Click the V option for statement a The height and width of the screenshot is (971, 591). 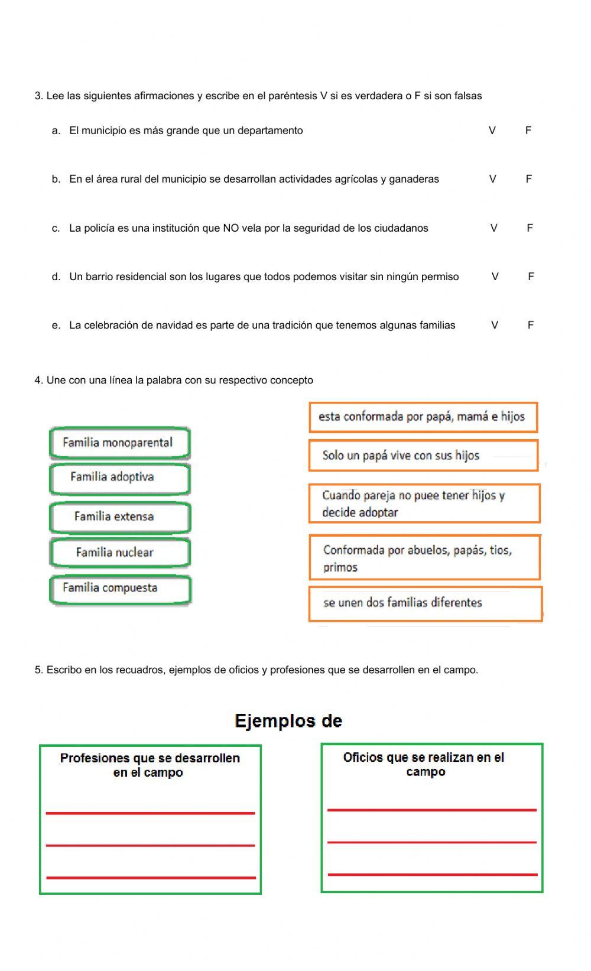(x=492, y=131)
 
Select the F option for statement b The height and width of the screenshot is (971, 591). (x=529, y=179)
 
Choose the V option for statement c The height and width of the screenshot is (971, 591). (x=494, y=228)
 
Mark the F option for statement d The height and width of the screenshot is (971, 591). (x=531, y=277)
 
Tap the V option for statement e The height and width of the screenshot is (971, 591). (x=495, y=325)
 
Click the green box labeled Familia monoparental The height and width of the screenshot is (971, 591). (x=120, y=443)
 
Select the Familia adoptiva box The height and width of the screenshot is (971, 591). (x=120, y=478)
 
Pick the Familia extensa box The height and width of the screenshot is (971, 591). (x=120, y=517)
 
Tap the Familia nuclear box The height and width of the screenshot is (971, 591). (x=120, y=553)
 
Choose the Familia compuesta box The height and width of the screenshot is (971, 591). (x=120, y=589)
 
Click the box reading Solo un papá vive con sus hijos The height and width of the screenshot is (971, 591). (x=423, y=456)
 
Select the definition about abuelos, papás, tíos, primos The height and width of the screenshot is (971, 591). (x=424, y=558)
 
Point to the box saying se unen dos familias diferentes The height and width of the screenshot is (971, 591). (x=426, y=603)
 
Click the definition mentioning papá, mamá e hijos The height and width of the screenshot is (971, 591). (x=423, y=417)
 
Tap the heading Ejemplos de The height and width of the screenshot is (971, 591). (x=288, y=721)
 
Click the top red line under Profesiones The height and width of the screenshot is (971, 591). (x=150, y=813)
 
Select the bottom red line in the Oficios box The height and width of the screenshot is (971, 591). (x=432, y=874)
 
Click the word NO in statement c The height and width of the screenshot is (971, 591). (x=230, y=228)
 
